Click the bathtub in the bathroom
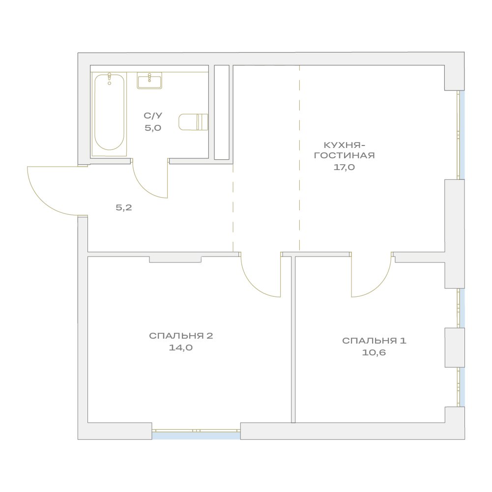(x=109, y=114)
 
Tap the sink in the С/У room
(x=149, y=80)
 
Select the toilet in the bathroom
(x=193, y=122)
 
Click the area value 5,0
(x=153, y=128)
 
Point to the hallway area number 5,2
(x=124, y=207)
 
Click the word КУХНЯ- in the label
(x=344, y=145)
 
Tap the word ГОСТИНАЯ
(x=344, y=155)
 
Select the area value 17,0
(x=344, y=167)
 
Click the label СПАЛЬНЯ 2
(x=181, y=336)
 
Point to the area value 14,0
(x=181, y=347)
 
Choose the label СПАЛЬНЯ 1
(x=374, y=341)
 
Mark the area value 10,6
(x=374, y=352)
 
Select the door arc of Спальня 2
(x=253, y=285)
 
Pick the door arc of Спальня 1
(x=379, y=285)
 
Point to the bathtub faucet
(x=109, y=79)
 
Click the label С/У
(x=153, y=116)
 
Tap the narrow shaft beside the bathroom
(x=222, y=112)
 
